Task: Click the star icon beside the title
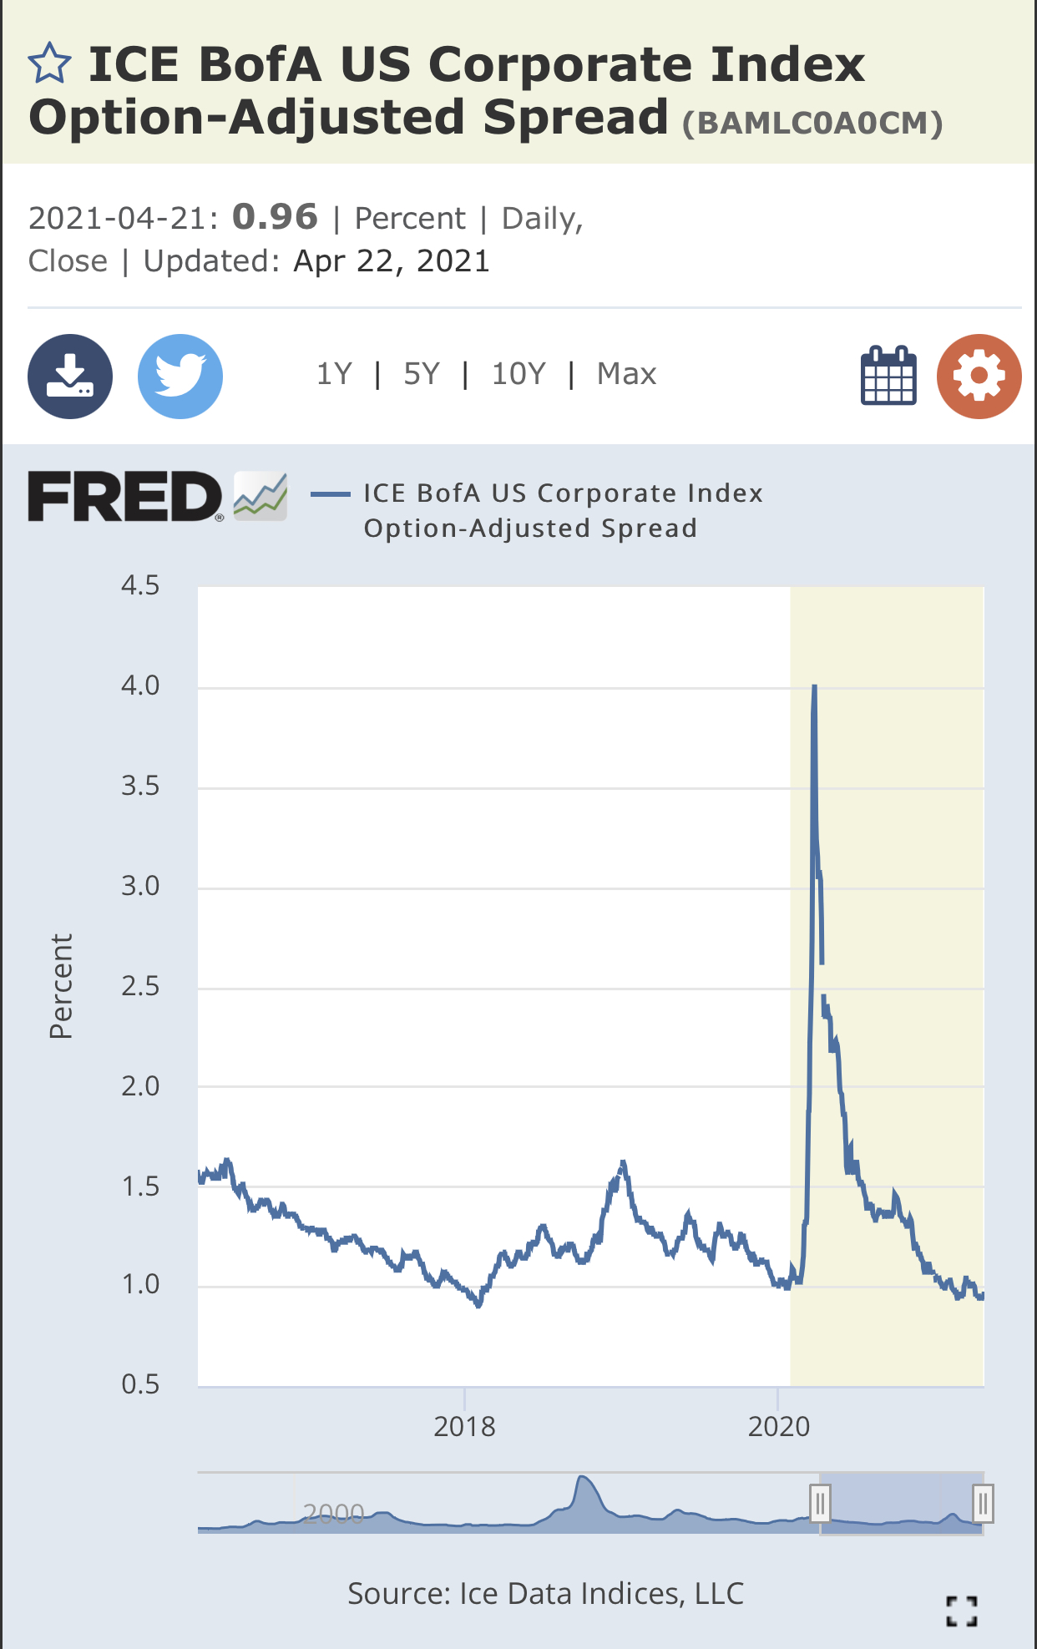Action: coord(49,64)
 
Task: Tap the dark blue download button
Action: coord(70,376)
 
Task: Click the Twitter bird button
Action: coord(180,376)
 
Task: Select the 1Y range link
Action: coord(334,374)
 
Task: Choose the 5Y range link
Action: coord(421,374)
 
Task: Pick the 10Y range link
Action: coord(518,374)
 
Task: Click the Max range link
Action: coord(626,374)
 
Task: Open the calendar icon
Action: coord(888,376)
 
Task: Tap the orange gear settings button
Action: coord(979,376)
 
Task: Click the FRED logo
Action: coord(125,496)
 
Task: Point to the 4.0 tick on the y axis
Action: coord(140,685)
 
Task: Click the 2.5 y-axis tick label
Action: coord(140,986)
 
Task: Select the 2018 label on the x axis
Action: coord(464,1426)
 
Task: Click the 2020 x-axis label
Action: coord(778,1426)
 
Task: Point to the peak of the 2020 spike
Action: coord(814,687)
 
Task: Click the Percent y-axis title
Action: coord(61,986)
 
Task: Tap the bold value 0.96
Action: coord(275,217)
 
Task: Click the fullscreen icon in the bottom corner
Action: coord(961,1611)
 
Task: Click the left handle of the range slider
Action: coord(820,1504)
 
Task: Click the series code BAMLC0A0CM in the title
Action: coord(812,124)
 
